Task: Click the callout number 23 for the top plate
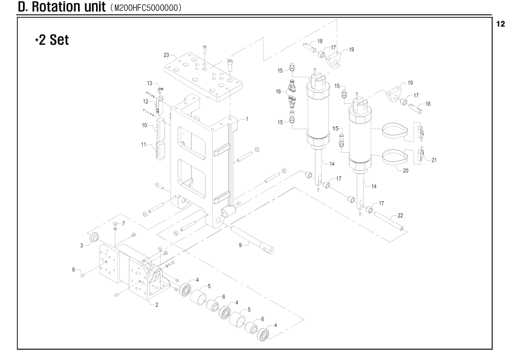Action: (x=166, y=55)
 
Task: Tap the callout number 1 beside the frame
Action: (x=247, y=119)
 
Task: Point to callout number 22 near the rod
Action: (x=400, y=216)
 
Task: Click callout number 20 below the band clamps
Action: (x=406, y=170)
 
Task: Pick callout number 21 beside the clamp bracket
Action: (x=434, y=160)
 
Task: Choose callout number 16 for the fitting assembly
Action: (x=278, y=91)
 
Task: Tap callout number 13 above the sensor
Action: (x=149, y=83)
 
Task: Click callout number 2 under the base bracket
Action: (x=157, y=304)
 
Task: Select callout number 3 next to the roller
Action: (x=82, y=245)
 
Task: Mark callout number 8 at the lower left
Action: (x=74, y=269)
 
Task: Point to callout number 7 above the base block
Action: (x=123, y=223)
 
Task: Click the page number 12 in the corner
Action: (x=501, y=24)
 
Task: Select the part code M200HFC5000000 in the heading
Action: (x=146, y=8)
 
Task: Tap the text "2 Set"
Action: (x=54, y=40)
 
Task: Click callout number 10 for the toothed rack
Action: (x=144, y=125)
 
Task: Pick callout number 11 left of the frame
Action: (x=144, y=144)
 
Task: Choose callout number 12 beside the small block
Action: (x=146, y=101)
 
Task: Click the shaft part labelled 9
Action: (x=251, y=239)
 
